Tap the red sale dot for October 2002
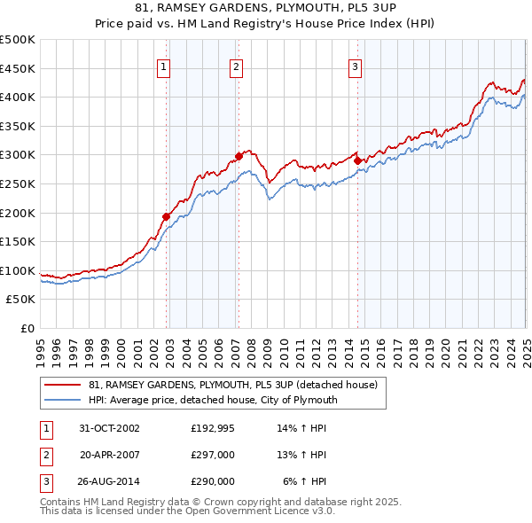(167, 215)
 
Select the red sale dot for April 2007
(239, 156)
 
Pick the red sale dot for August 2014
(357, 160)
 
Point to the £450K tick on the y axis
(19, 68)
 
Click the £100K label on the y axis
(19, 271)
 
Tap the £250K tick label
(19, 184)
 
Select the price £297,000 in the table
(213, 455)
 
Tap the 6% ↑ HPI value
(305, 481)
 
